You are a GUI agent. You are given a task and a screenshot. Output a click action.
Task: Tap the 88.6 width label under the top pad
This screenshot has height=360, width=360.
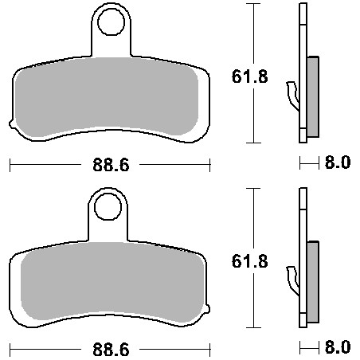[111, 165]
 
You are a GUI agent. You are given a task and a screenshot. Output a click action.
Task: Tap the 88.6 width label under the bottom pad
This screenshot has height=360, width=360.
[111, 350]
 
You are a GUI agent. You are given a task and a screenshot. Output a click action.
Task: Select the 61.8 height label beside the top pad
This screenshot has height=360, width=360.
[250, 76]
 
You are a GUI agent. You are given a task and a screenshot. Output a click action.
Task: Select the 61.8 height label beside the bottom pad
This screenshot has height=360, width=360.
[250, 261]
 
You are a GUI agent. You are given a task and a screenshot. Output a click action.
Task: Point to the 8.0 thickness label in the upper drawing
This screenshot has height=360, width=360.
[338, 162]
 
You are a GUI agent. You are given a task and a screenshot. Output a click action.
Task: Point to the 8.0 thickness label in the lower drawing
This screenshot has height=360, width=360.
[338, 347]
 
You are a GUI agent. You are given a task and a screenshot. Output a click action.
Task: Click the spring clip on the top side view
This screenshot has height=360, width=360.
[294, 96]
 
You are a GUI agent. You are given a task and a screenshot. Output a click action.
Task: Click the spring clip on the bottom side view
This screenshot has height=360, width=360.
[294, 281]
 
